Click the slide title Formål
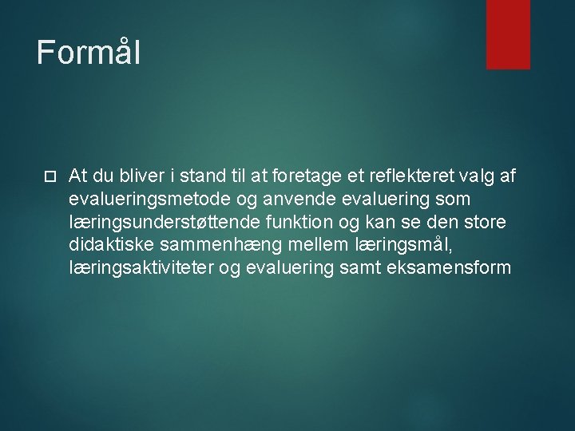tap(89, 53)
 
